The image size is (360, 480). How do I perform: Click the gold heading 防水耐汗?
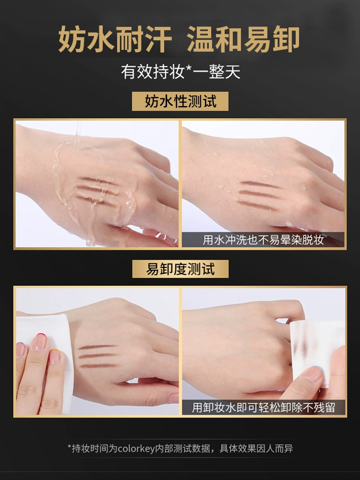tap(115, 39)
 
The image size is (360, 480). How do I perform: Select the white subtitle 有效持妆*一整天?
tap(180, 72)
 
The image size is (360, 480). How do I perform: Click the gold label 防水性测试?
tap(180, 101)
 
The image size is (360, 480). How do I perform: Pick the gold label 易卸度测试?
tap(180, 269)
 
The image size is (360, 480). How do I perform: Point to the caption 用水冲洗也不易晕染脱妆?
tap(263, 240)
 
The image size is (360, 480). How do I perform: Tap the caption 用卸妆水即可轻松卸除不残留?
tap(263, 408)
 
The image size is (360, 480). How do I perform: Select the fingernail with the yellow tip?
tap(55, 356)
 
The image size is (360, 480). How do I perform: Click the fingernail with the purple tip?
tap(21, 349)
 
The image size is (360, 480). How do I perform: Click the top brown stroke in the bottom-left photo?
tap(97, 347)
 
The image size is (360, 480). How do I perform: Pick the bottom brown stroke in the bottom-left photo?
tap(98, 365)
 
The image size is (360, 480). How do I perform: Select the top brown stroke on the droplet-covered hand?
tap(259, 184)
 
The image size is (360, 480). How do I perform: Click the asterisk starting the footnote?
tap(69, 447)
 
